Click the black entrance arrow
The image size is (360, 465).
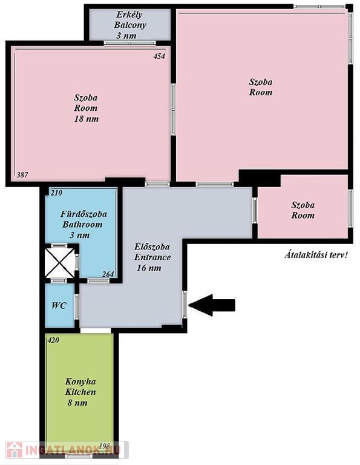point(212,305)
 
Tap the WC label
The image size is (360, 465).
point(59,305)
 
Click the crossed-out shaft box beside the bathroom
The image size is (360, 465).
point(59,263)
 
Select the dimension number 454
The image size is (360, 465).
point(159,56)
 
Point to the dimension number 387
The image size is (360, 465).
point(22,174)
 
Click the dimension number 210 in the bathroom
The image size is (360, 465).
point(56,193)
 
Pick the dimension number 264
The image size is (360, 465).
point(108,274)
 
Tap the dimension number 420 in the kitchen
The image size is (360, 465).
point(53,340)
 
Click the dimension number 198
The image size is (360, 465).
point(105,446)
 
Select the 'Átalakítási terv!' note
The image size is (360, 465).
point(316,255)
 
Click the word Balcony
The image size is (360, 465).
point(130,25)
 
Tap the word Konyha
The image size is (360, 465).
point(80,381)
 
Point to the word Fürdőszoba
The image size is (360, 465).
point(83,214)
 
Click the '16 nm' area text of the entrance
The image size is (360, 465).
point(149,268)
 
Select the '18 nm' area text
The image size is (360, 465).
point(87,119)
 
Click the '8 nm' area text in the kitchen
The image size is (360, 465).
point(77,403)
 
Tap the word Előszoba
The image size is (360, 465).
point(152,246)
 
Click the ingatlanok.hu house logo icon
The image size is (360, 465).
point(15,450)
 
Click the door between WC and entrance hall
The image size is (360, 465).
point(77,307)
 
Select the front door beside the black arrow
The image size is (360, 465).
point(185,305)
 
